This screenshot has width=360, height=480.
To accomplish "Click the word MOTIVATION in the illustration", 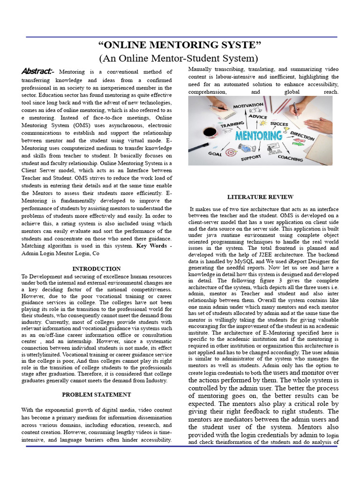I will (248, 106).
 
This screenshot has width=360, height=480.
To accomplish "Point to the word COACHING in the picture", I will (290, 157).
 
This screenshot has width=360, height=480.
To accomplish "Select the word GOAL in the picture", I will (215, 153).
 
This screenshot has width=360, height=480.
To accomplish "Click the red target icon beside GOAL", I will (230, 152).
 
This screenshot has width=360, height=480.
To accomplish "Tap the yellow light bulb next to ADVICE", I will (262, 123).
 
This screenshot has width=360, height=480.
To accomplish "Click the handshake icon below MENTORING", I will (245, 148).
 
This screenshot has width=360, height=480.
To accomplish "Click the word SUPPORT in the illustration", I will (251, 158).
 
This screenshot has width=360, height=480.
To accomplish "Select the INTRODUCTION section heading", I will (96, 269).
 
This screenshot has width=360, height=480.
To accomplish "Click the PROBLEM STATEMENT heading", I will (96, 394).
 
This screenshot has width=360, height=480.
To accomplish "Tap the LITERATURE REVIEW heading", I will (260, 197).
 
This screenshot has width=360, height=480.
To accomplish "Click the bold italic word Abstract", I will (37, 71).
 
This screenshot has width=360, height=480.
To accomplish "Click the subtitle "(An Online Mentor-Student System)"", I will (178, 59).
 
